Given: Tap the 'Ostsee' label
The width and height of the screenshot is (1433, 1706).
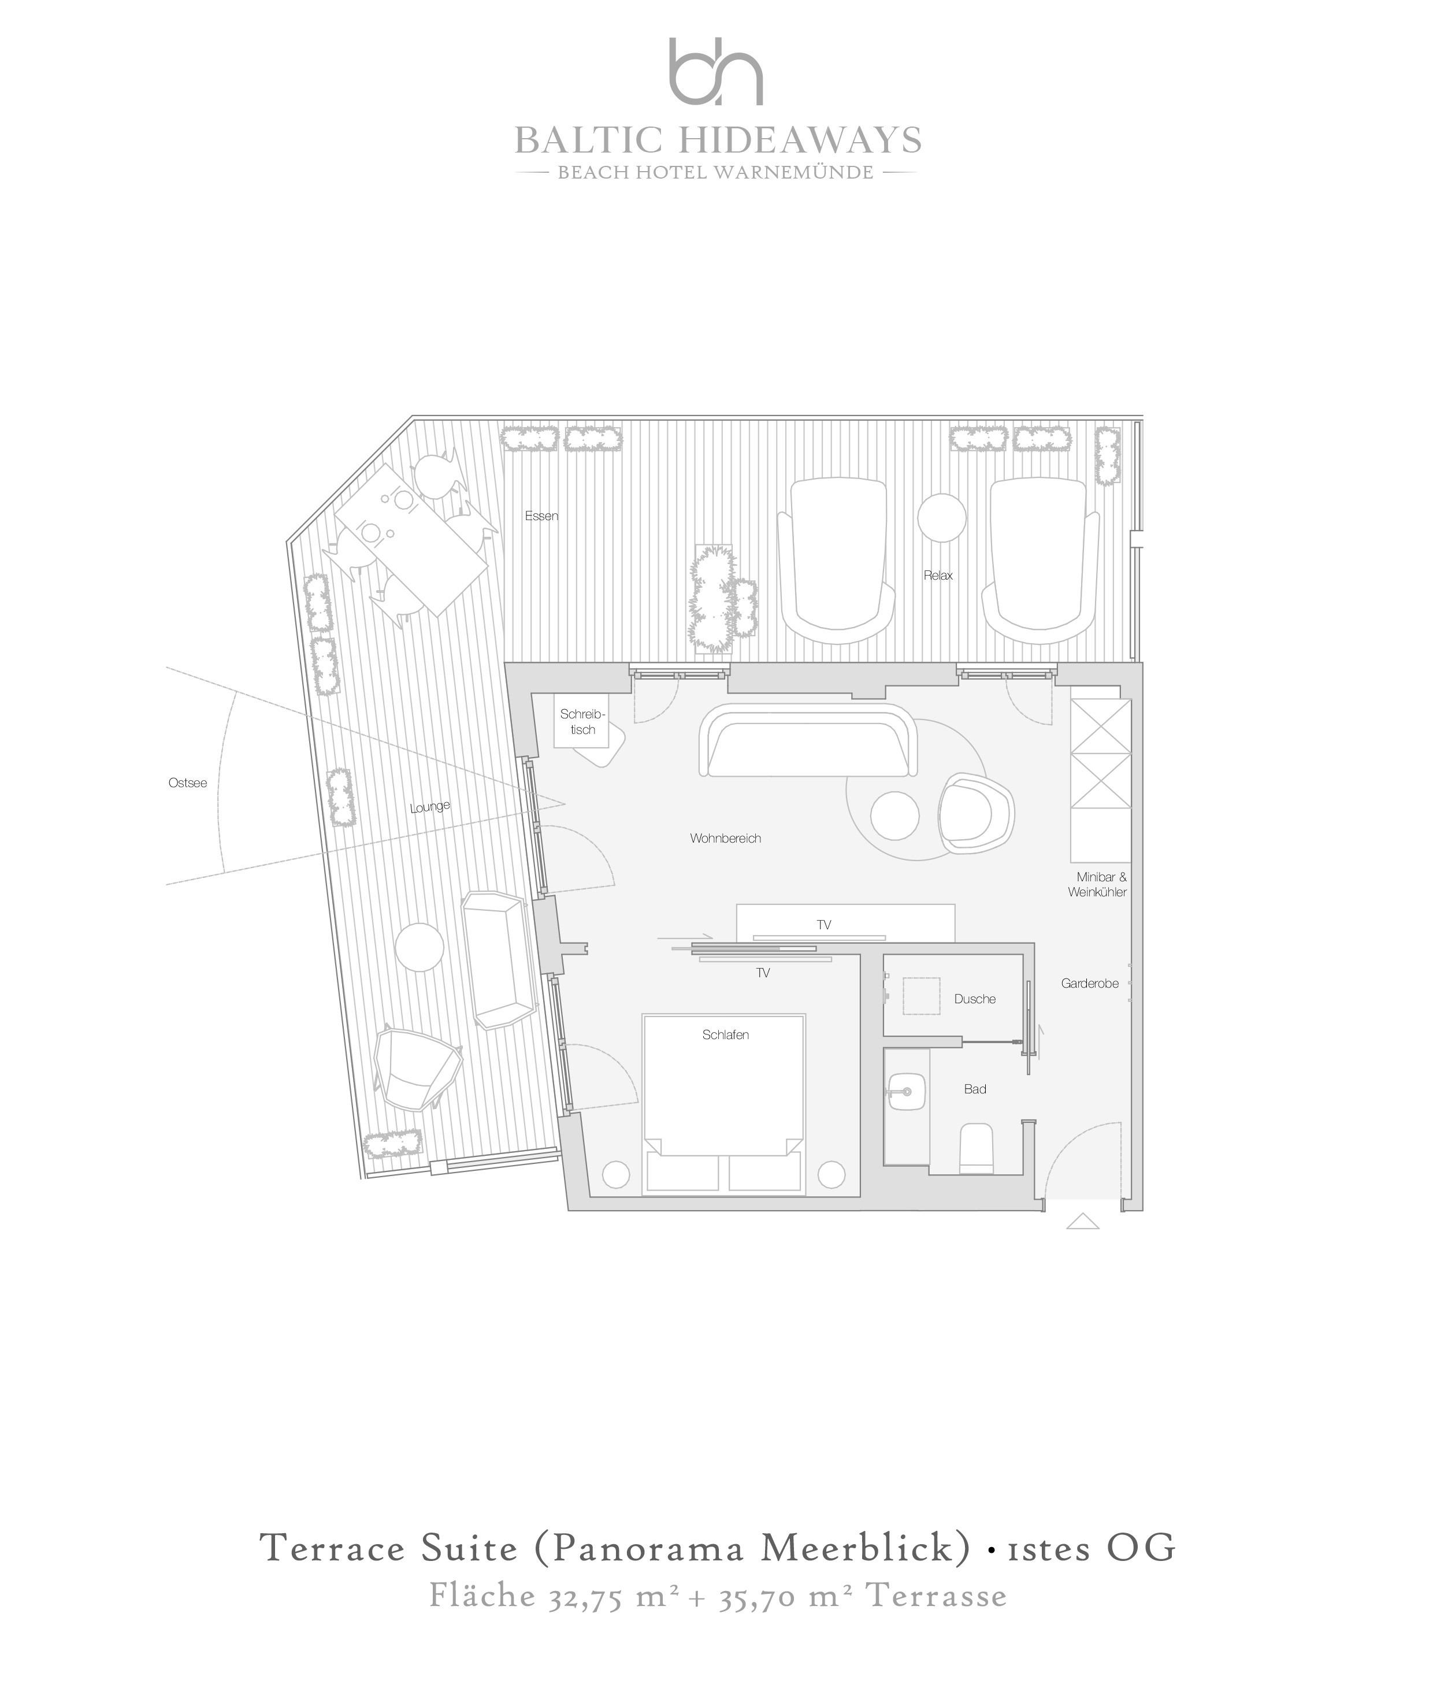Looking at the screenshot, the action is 188,783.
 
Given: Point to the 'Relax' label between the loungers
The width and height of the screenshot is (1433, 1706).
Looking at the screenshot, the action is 938,575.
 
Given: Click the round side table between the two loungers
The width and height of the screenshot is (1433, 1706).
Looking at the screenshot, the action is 942,517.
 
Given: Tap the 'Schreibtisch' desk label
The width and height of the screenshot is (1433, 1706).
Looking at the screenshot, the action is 582,722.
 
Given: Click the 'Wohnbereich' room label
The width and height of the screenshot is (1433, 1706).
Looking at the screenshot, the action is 725,839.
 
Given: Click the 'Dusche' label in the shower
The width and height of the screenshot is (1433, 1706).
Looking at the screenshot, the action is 975,999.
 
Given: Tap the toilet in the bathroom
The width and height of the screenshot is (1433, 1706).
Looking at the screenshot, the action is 977,1149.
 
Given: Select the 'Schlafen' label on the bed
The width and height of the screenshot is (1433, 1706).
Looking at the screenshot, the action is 725,1035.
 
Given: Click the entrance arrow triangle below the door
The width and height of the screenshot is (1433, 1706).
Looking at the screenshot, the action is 1082,1221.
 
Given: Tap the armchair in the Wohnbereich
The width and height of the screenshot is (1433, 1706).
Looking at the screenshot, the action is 975,815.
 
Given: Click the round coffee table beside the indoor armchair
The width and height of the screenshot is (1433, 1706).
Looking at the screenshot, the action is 894,815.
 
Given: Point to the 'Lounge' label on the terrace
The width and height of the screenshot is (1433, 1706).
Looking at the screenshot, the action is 430,807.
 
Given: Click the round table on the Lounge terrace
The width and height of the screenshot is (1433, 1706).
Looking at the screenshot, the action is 419,947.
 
